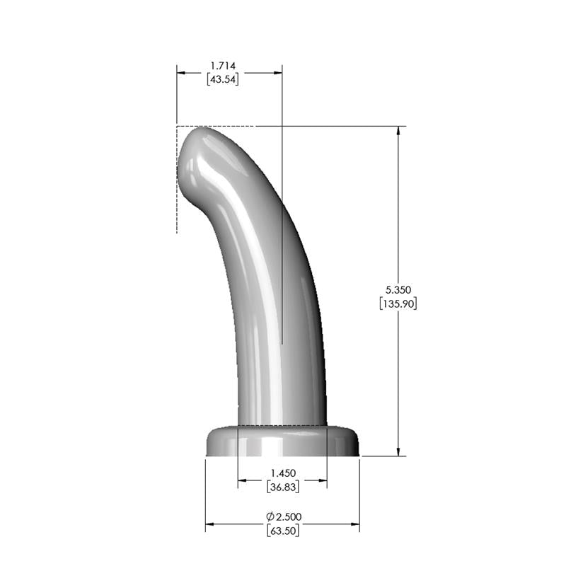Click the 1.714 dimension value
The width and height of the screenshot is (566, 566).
tap(223, 66)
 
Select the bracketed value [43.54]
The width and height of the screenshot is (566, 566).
tap(223, 79)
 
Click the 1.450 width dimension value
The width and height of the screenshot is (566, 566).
tap(282, 473)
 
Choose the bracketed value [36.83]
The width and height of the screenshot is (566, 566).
tap(282, 487)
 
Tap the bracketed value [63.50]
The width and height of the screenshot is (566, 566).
tap(282, 531)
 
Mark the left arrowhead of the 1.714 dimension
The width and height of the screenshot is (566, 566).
tap(181, 72)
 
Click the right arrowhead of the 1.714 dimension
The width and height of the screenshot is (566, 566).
tap(278, 72)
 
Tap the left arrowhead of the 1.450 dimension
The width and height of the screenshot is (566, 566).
tap(242, 481)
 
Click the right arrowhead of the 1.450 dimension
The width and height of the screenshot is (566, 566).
tap(323, 481)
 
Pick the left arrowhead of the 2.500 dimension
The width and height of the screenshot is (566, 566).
tap(209, 525)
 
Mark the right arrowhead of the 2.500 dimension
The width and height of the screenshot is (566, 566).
tap(355, 525)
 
